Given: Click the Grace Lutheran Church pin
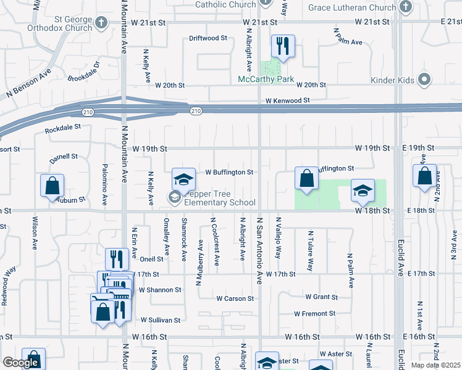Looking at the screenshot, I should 405,7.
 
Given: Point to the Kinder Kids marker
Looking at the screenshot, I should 424,80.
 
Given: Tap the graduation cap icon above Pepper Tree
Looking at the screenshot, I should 183,179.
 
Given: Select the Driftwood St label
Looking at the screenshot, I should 208,38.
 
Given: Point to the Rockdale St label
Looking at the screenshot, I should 63,128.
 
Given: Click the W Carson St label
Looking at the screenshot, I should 235,299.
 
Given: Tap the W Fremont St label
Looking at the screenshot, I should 314,314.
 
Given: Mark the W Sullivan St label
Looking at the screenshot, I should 160,321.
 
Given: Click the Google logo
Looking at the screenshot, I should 21,363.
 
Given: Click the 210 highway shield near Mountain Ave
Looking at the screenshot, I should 89,112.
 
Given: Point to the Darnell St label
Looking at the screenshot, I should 64,158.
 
